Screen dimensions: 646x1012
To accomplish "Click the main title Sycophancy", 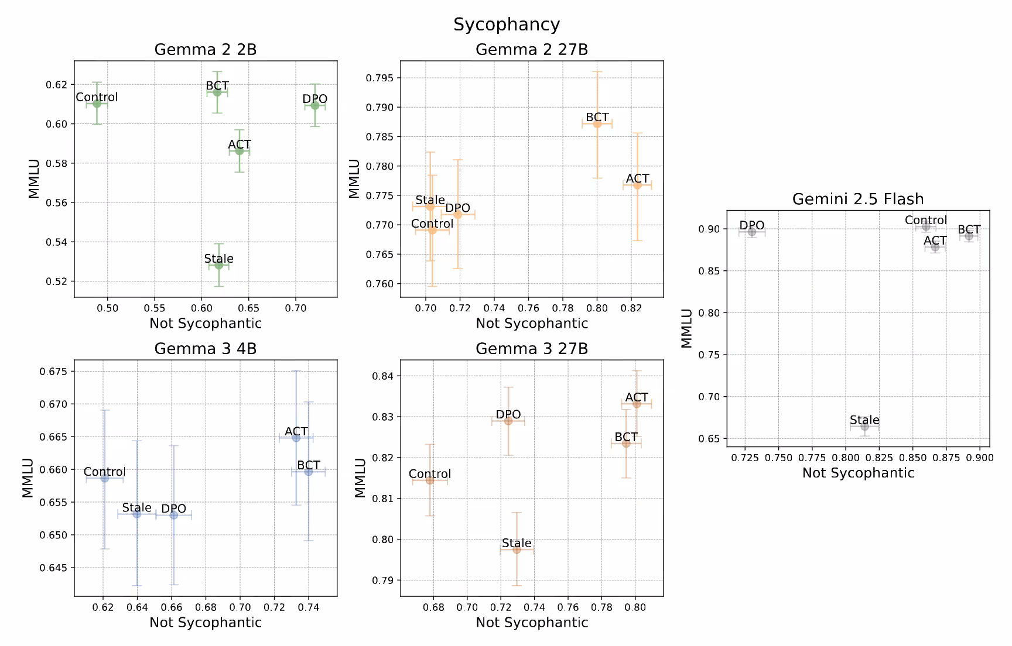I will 506,25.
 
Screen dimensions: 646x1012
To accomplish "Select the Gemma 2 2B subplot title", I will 205,50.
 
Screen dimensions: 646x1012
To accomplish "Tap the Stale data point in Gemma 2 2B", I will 219,265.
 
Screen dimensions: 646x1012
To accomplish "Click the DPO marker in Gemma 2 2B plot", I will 314,105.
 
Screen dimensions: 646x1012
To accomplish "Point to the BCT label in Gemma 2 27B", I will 597,117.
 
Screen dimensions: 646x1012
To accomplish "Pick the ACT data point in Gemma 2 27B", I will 637,185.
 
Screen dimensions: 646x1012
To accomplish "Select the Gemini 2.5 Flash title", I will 857,199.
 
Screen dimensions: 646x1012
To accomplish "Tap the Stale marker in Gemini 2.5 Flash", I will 864,427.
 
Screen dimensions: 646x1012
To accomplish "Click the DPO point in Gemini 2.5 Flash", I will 752,232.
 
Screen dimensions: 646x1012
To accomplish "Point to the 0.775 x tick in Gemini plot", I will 812,458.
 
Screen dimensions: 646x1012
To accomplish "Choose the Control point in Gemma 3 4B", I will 105,478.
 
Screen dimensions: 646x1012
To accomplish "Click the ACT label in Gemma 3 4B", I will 296,431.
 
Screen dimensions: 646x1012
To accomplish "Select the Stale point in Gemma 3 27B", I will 517,549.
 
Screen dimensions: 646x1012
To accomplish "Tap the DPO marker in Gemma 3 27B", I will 508,421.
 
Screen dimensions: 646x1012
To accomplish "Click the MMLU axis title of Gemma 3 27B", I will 360,477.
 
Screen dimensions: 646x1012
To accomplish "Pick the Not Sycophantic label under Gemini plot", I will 857,473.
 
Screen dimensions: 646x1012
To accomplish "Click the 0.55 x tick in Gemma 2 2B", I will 154,308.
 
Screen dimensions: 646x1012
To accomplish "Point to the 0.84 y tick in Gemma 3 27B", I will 384,376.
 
